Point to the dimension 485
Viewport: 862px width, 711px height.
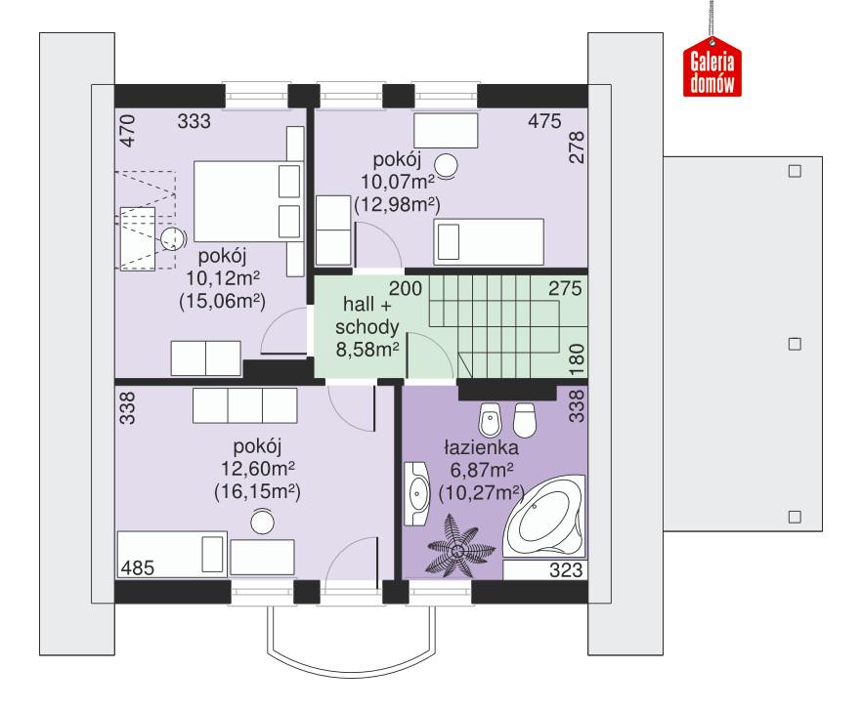[x=138, y=566]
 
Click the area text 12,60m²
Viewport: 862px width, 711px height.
[x=257, y=470]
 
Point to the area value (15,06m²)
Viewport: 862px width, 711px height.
[x=223, y=301]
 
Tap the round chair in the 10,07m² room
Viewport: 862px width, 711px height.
[x=447, y=166]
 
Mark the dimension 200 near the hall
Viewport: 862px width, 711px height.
[x=406, y=288]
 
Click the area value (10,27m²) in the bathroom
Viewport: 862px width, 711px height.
[x=480, y=491]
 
